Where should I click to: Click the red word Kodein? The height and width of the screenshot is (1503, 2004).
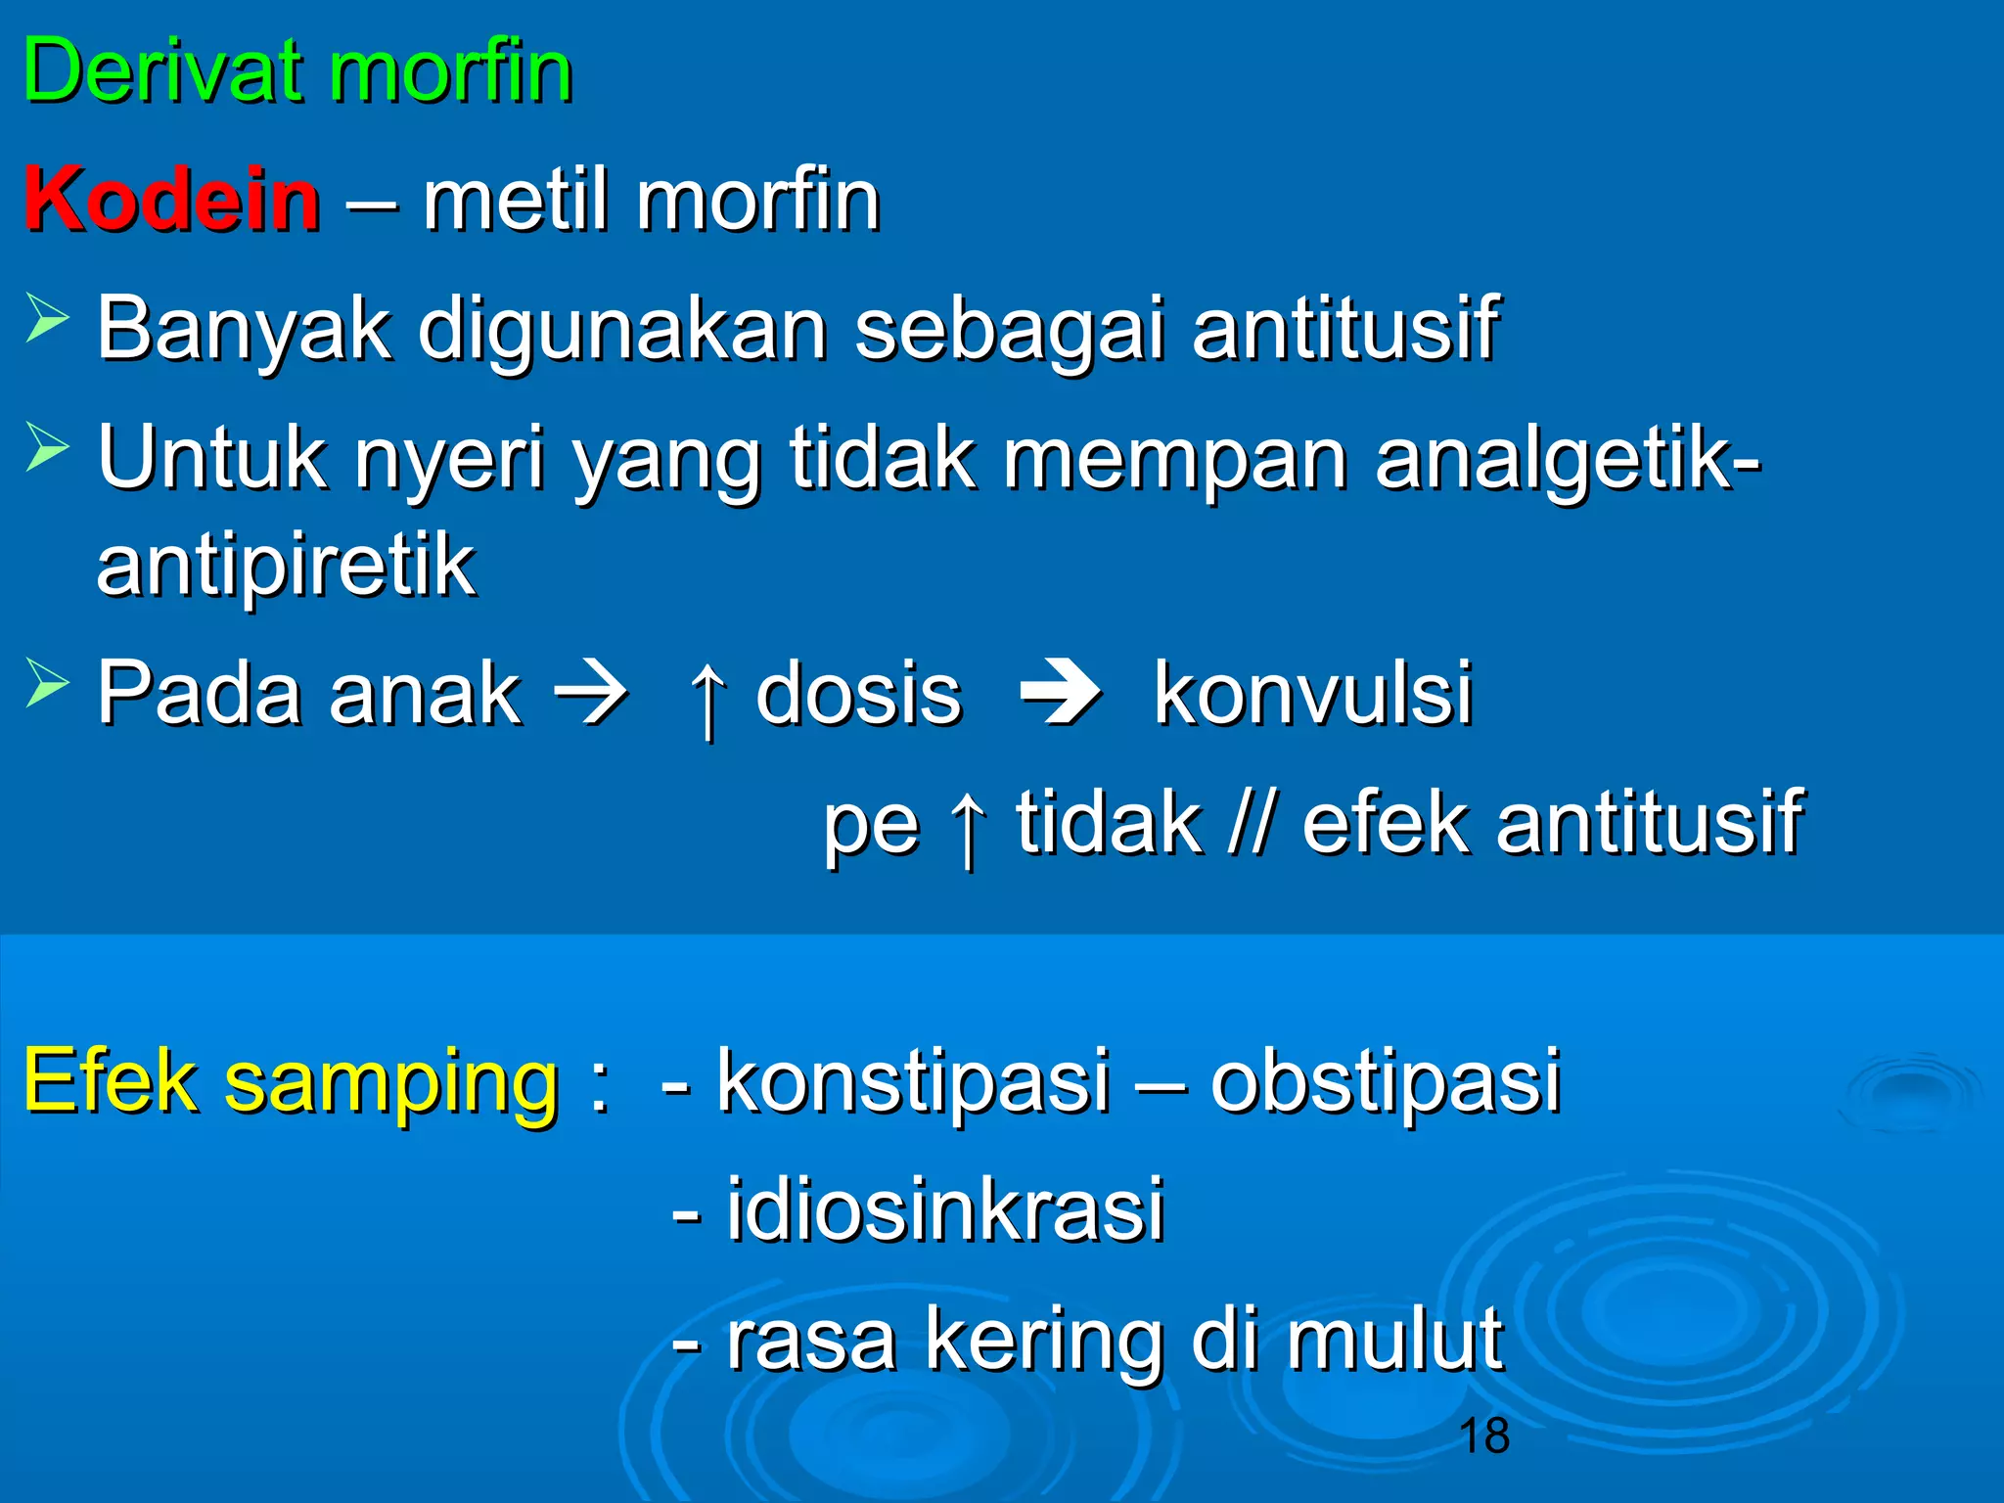pos(172,201)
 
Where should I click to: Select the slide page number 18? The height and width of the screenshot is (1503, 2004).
pos(1483,1436)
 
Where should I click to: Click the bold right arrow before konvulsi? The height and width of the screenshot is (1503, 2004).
pos(1060,696)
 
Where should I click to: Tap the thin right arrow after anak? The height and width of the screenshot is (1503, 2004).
pos(591,696)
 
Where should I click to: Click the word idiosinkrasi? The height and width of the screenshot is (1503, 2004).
pos(944,1210)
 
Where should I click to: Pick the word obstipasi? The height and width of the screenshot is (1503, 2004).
pos(1385,1081)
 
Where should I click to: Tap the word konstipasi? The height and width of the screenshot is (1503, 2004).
pos(914,1081)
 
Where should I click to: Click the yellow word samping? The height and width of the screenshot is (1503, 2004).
pos(391,1081)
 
